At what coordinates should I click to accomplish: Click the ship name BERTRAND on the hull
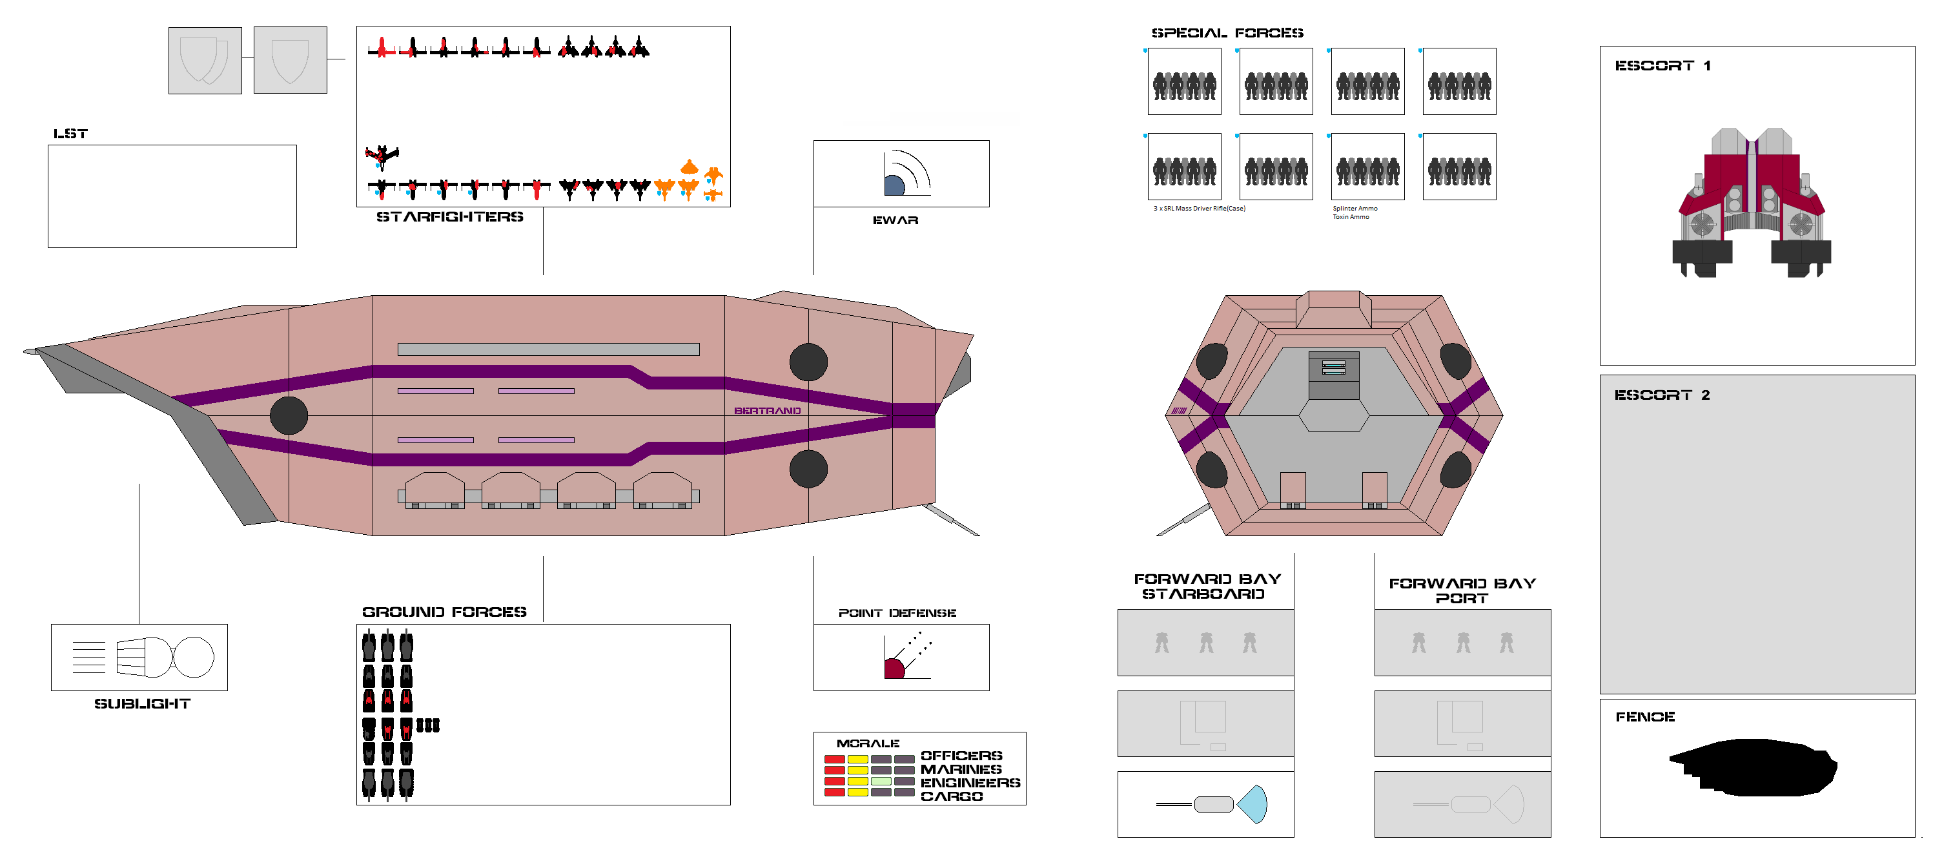point(767,411)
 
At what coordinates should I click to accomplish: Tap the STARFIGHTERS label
point(449,217)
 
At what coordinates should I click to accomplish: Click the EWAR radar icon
point(906,174)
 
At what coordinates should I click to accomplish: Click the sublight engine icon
point(165,657)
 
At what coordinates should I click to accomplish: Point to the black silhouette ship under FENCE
point(1753,767)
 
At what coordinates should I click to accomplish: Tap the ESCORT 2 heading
point(1661,395)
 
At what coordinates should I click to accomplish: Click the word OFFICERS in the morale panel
point(961,756)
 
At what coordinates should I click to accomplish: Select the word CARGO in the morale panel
point(952,796)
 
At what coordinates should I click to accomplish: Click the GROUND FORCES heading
point(444,612)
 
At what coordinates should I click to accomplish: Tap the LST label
point(70,134)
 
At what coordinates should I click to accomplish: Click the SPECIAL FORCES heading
point(1227,33)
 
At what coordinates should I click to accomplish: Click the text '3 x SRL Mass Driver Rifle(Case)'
point(1199,209)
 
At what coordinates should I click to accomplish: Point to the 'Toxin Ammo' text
point(1351,217)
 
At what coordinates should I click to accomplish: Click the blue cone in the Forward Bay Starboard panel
point(1253,804)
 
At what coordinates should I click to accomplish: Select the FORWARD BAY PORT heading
point(1462,590)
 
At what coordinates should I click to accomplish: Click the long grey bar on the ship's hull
point(547,349)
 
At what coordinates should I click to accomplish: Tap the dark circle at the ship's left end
point(289,415)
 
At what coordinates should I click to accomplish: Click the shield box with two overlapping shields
point(205,60)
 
